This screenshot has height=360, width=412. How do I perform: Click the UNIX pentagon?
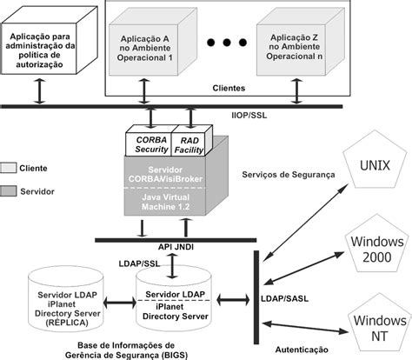(x=376, y=165)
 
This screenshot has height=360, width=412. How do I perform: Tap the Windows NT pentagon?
(x=375, y=321)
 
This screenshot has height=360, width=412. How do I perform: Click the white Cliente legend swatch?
(x=9, y=167)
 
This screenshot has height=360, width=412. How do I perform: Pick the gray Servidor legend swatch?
(x=9, y=188)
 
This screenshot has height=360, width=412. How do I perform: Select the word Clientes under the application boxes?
(x=229, y=89)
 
